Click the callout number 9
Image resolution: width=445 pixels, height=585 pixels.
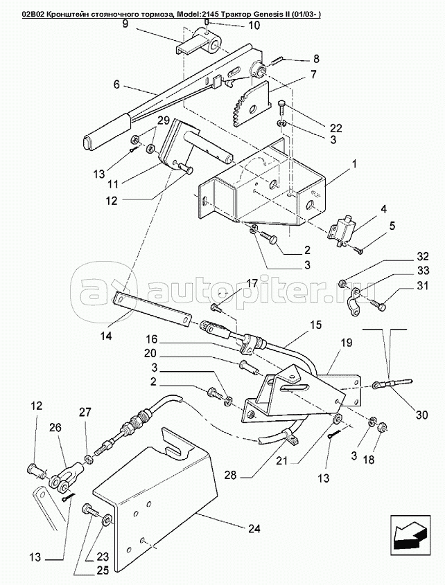125,24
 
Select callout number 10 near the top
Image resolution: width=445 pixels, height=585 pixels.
235,26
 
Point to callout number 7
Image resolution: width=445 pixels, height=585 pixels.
313,74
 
